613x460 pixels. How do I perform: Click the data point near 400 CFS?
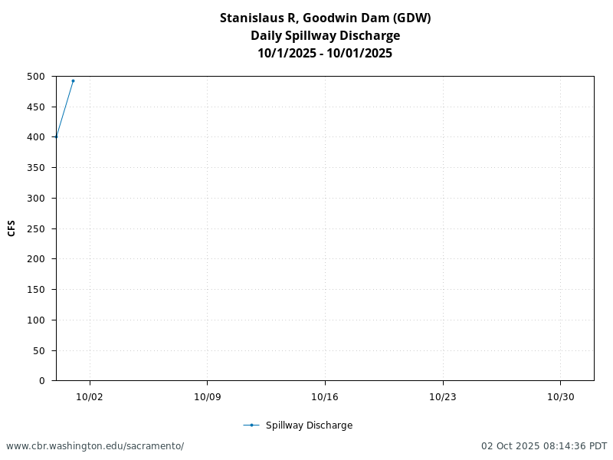tap(56, 137)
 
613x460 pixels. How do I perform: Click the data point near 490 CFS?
tap(73, 80)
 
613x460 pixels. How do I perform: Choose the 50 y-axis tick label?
tap(38, 351)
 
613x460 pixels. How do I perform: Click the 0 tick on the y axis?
tap(41, 381)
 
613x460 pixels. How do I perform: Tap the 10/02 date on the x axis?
tap(90, 396)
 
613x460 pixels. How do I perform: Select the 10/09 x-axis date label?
tap(207, 396)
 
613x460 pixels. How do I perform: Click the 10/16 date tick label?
tap(325, 396)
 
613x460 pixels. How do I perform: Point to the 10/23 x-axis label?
tap(443, 396)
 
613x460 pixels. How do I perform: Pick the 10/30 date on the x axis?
tap(560, 396)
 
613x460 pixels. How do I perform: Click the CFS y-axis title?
tap(11, 228)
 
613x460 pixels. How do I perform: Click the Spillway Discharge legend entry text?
tap(309, 426)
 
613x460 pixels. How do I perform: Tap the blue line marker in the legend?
tap(251, 426)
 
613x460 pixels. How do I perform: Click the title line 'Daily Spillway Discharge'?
tap(325, 35)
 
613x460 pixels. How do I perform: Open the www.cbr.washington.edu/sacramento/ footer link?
tap(95, 446)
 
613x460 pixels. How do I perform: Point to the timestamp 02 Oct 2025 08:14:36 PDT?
tap(544, 446)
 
